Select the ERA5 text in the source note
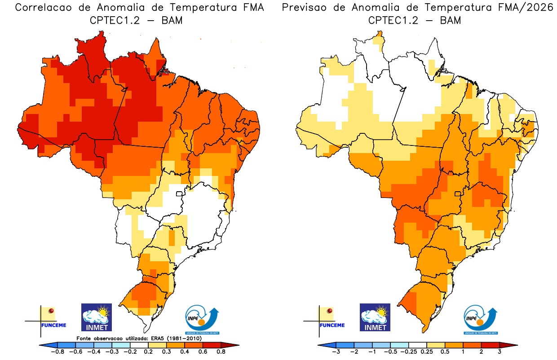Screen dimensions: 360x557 pos(158,338)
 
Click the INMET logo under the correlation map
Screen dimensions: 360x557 pos(96,317)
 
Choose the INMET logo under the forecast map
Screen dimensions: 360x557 pos(375,317)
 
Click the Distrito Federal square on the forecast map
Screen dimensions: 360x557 pos(458,194)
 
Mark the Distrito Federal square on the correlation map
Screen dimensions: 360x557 pos(179,194)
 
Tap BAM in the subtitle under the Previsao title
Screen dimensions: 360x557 pos(451,20)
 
